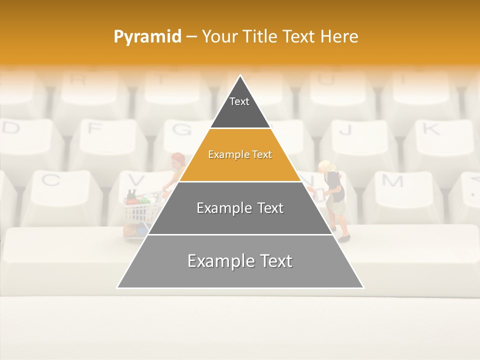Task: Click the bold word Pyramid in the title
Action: (x=147, y=36)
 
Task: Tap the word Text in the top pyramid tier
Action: (x=239, y=101)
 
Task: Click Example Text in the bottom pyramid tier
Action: (x=240, y=261)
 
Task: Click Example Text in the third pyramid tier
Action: (x=240, y=208)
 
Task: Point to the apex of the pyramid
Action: (x=240, y=76)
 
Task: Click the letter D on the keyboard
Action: (x=11, y=128)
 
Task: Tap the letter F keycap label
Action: (x=93, y=128)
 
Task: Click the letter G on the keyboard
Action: (x=181, y=129)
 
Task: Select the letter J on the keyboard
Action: (x=345, y=129)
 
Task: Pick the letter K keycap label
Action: (x=430, y=128)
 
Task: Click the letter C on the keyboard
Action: (x=50, y=180)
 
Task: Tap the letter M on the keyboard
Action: (x=393, y=180)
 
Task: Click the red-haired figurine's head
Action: (x=177, y=160)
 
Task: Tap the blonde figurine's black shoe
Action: (x=343, y=238)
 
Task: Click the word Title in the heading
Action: (x=260, y=36)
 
